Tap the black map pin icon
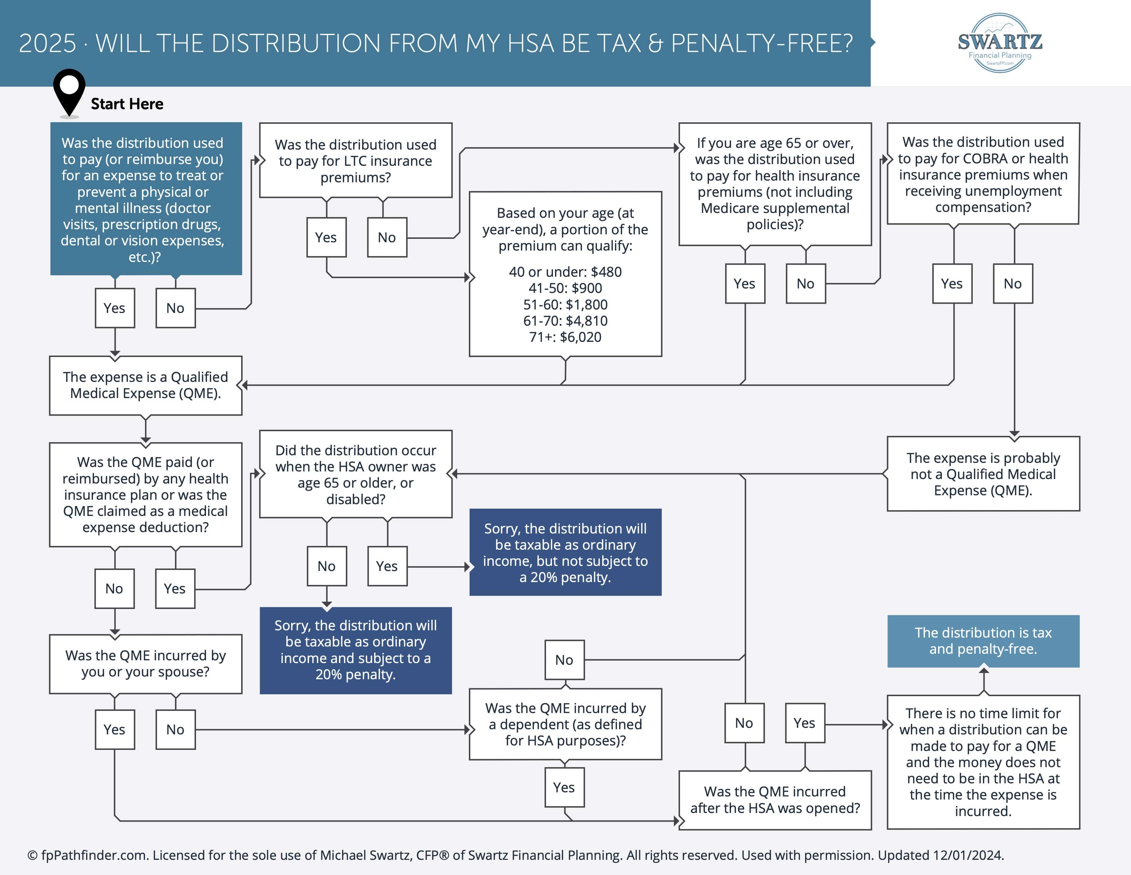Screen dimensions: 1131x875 click(69, 93)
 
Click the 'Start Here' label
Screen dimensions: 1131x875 click(127, 104)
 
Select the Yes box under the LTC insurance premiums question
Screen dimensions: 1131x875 click(326, 237)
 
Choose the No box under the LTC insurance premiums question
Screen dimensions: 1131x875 click(387, 237)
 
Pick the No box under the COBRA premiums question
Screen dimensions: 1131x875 click(1013, 283)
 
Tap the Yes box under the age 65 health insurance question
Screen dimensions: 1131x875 click(745, 283)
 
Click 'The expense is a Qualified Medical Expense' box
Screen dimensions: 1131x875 click(145, 385)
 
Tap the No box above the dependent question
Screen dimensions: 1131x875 click(564, 660)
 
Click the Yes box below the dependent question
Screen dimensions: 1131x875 click(564, 787)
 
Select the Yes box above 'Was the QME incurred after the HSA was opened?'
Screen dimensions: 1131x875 click(805, 723)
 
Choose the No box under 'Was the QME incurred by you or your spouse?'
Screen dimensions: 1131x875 click(176, 730)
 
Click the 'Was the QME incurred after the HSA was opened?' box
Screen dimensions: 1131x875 click(775, 800)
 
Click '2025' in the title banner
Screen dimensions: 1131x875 click(47, 43)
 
